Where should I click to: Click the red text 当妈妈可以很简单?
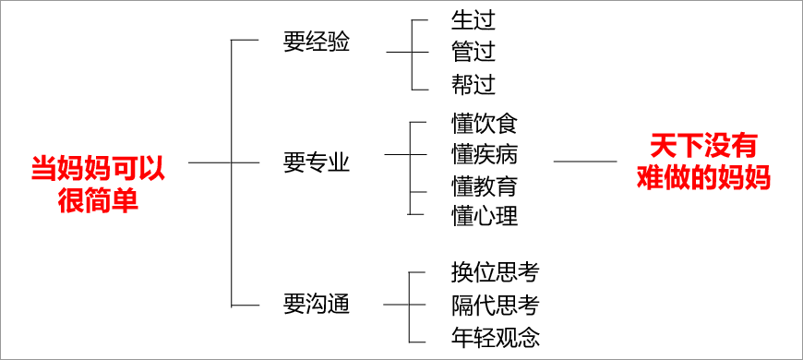tap(97, 183)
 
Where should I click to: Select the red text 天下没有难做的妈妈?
tap(703, 162)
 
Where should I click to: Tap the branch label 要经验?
tap(317, 42)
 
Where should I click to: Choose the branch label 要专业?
tap(317, 162)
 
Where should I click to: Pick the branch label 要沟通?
tap(317, 304)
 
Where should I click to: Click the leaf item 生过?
tap(473, 19)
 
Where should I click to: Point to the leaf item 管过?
tap(473, 52)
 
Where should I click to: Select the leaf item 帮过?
tap(473, 85)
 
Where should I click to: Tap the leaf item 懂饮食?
tap(485, 124)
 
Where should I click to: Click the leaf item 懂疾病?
tap(485, 153)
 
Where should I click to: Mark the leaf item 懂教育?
tap(485, 186)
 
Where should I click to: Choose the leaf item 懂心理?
tap(485, 215)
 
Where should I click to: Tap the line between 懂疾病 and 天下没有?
tap(585, 162)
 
